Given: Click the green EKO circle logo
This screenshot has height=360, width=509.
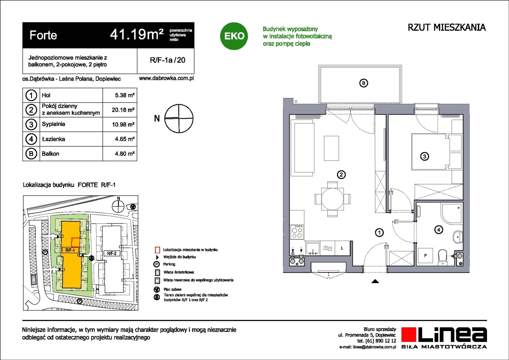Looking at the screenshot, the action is tap(234, 36).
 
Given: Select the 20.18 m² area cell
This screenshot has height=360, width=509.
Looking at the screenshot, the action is tap(123, 110).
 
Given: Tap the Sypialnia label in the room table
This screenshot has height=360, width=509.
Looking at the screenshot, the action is tap(53, 124).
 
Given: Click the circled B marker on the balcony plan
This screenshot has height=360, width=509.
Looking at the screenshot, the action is tap(364, 83).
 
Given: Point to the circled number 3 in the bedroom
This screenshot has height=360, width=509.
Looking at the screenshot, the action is tap(424, 156).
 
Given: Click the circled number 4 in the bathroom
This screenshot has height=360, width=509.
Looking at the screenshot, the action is tap(439, 230).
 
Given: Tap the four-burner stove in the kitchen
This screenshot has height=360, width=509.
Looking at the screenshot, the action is tap(297, 232).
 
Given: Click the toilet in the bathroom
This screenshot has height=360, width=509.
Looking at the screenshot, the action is tap(442, 257).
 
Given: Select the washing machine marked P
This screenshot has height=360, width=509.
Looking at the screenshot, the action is tap(425, 256).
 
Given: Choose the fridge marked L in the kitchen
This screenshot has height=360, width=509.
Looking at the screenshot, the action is tap(342, 248).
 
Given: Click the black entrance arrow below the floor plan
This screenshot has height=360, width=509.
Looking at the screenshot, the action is tap(375, 281).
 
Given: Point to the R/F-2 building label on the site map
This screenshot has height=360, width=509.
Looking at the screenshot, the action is tap(112, 253).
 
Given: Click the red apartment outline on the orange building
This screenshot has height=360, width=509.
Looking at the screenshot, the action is tap(76, 243).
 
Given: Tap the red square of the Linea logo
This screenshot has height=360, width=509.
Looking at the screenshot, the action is tap(409, 334).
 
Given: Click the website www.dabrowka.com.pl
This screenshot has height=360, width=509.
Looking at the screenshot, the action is tap(166, 78).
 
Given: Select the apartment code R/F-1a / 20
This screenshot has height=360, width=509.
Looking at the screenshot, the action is tap(167, 60).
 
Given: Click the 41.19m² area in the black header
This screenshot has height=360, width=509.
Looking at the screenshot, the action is tap(137, 35).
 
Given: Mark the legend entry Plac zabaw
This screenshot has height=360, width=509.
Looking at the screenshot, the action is tap(172, 289).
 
